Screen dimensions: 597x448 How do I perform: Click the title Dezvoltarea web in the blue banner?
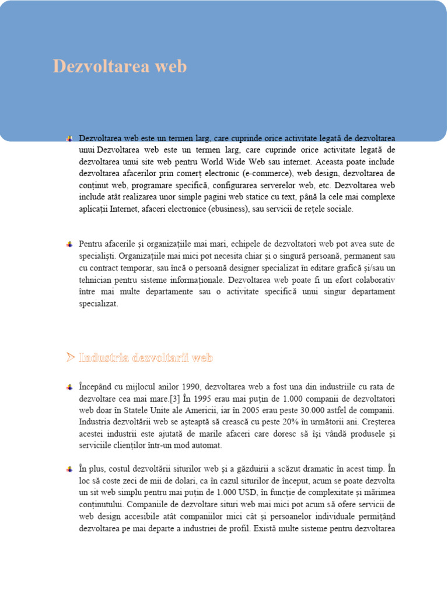click(x=120, y=66)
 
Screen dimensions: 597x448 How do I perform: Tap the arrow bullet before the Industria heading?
click(x=70, y=357)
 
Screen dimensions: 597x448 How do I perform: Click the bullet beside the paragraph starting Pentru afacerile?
click(x=69, y=243)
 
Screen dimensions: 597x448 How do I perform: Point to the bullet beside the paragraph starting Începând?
click(x=69, y=387)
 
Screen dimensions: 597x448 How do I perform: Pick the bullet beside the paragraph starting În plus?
click(x=69, y=468)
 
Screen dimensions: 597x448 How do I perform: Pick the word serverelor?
click(x=274, y=185)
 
